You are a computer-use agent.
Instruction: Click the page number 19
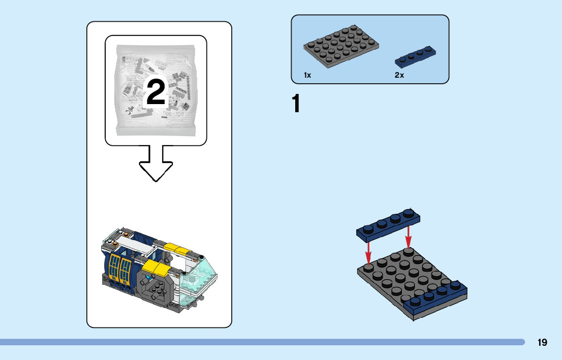point(542,342)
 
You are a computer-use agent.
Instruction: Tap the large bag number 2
point(155,92)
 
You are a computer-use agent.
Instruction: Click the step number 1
point(296,104)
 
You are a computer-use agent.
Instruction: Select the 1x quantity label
point(307,75)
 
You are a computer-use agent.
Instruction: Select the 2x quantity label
point(399,75)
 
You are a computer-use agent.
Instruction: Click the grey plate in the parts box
point(341,47)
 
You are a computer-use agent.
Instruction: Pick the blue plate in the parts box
point(416,56)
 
